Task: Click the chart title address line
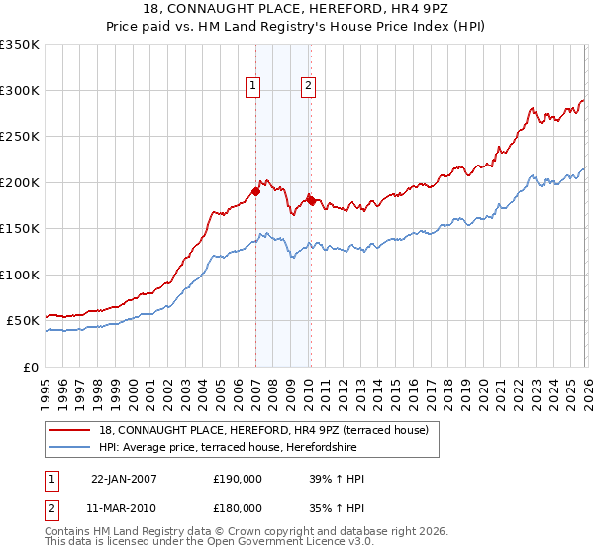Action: coord(297,10)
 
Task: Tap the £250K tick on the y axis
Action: coord(20,136)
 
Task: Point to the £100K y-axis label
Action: coord(20,275)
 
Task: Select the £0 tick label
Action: coord(30,367)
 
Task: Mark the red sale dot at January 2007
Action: coord(255,192)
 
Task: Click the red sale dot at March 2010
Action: coord(310,201)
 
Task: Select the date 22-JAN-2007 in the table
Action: coord(124,479)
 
